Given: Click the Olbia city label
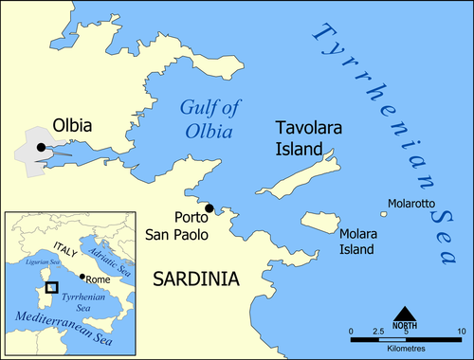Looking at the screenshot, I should pos(45,125).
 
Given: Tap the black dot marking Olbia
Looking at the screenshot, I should pos(40,147).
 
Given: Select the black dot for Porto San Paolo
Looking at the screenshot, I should pos(210,208).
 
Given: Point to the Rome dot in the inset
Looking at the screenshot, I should pos(83,278).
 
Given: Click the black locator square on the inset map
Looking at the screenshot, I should pos(52,286).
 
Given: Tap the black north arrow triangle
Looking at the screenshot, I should pos(405,314).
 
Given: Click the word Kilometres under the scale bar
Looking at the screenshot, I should pos(405,345).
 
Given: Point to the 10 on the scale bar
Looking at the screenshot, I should pos(460,330).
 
